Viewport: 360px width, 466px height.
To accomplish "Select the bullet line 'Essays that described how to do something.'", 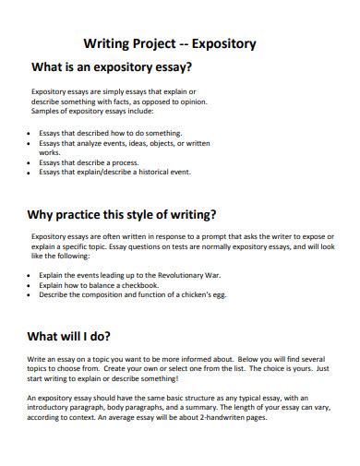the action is pyautogui.click(x=104, y=132).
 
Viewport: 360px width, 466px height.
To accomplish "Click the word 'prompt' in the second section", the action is pyautogui.click(x=180, y=239).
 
